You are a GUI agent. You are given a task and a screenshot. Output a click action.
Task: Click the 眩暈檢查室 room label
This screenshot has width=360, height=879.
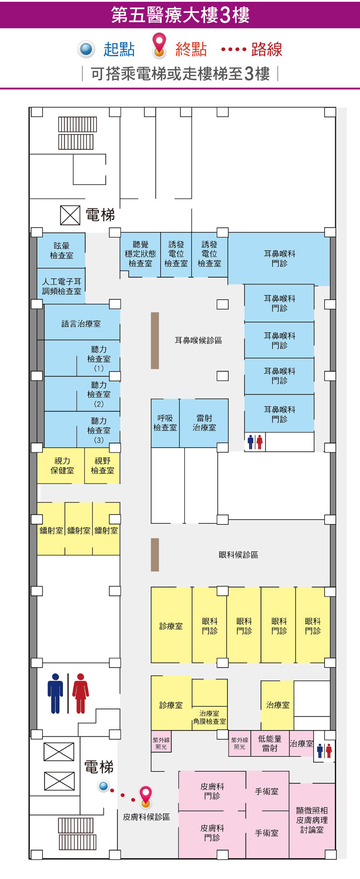pyautogui.click(x=62, y=251)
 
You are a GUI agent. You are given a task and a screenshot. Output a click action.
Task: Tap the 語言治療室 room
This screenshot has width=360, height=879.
pyautogui.click(x=81, y=323)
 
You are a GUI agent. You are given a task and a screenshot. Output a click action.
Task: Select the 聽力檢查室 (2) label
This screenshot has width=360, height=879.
pyautogui.click(x=99, y=395)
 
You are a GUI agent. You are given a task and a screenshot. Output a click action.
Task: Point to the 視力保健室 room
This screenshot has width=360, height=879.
pyautogui.click(x=62, y=466)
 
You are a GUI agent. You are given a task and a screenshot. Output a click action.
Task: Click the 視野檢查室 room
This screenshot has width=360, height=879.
pyautogui.click(x=103, y=466)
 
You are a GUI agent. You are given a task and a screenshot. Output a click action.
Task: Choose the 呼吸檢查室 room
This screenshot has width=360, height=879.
pyautogui.click(x=165, y=423)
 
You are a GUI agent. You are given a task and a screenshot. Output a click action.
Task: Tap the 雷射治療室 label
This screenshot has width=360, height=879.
pyautogui.click(x=204, y=423)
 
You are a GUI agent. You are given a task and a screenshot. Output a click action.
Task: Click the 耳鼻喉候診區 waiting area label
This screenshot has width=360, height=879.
pyautogui.click(x=198, y=341)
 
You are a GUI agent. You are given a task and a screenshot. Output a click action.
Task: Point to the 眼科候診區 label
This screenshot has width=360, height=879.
pyautogui.click(x=238, y=555)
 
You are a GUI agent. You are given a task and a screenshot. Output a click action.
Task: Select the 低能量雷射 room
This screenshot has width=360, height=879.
pyautogui.click(x=270, y=743)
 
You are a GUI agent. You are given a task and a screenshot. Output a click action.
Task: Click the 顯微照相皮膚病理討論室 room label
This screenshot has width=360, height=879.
pyautogui.click(x=312, y=820)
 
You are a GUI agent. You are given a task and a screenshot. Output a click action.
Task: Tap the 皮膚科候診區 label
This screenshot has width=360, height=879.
pyautogui.click(x=147, y=817)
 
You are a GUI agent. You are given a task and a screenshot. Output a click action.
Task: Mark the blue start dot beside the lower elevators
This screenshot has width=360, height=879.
pyautogui.click(x=104, y=786)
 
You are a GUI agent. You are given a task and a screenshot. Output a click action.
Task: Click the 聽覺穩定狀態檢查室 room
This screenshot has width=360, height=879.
pyautogui.click(x=140, y=254)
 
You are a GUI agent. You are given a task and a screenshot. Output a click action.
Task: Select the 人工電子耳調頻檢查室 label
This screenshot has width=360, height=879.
pyautogui.click(x=62, y=287)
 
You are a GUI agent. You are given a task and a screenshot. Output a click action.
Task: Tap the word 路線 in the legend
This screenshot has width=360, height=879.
pyautogui.click(x=267, y=49)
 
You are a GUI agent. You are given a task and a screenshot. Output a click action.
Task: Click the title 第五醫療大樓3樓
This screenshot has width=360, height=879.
pyautogui.click(x=180, y=15)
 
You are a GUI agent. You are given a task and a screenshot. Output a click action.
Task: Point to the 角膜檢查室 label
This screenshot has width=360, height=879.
pyautogui.click(x=209, y=721)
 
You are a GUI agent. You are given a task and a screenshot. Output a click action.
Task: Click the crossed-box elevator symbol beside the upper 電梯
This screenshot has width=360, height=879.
pyautogui.click(x=70, y=215)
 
